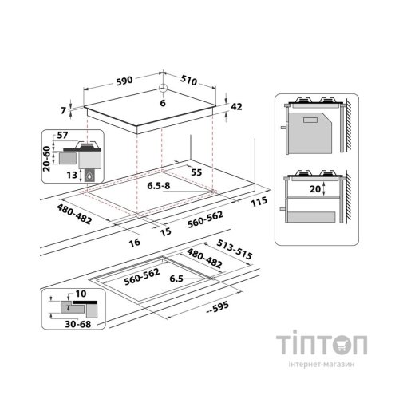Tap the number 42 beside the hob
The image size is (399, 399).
click(x=235, y=107)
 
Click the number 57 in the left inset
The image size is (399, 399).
click(x=64, y=136)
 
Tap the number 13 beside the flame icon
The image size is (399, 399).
click(x=72, y=173)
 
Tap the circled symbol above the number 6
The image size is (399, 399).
click(x=162, y=89)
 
